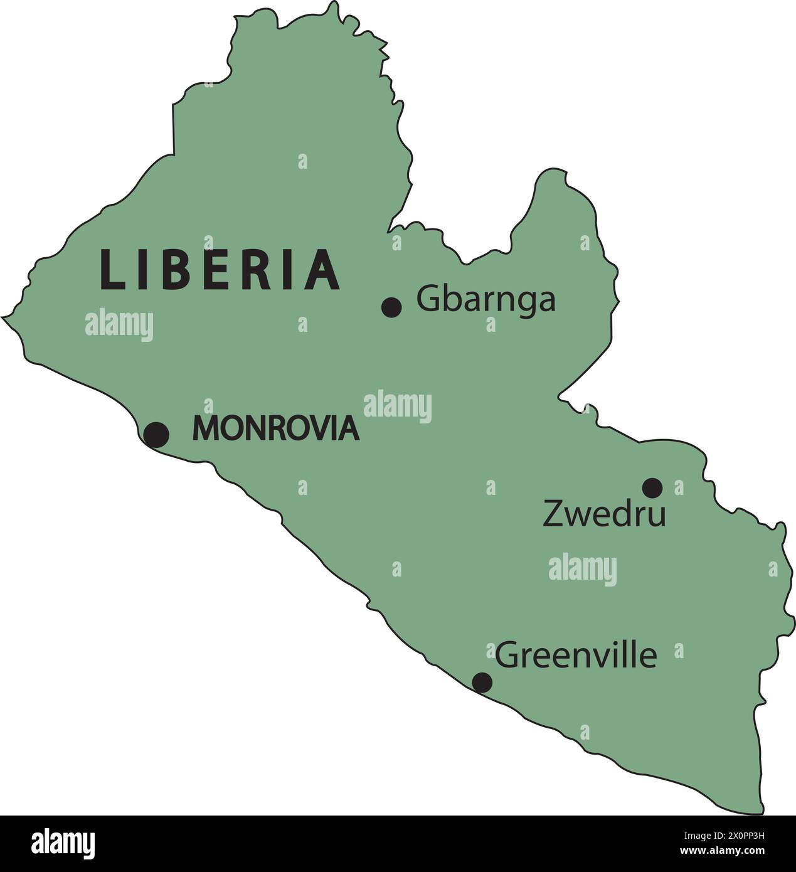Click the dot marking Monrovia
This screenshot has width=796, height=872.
pos(156,434)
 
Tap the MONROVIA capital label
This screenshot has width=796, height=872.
pos(276,428)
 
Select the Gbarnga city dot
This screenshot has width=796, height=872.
pos(391,307)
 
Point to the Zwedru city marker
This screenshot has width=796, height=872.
pos(652,487)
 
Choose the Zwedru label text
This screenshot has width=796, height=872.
pos(603,514)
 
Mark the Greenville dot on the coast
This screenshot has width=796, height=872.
pos(482,682)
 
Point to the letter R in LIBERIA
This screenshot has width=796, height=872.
pos(262,270)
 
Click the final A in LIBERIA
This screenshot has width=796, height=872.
pos(324,270)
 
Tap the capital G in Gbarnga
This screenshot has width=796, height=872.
pos(428,299)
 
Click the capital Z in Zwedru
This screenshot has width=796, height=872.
pos(553,513)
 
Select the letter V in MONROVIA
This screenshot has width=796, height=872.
pos(318,428)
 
